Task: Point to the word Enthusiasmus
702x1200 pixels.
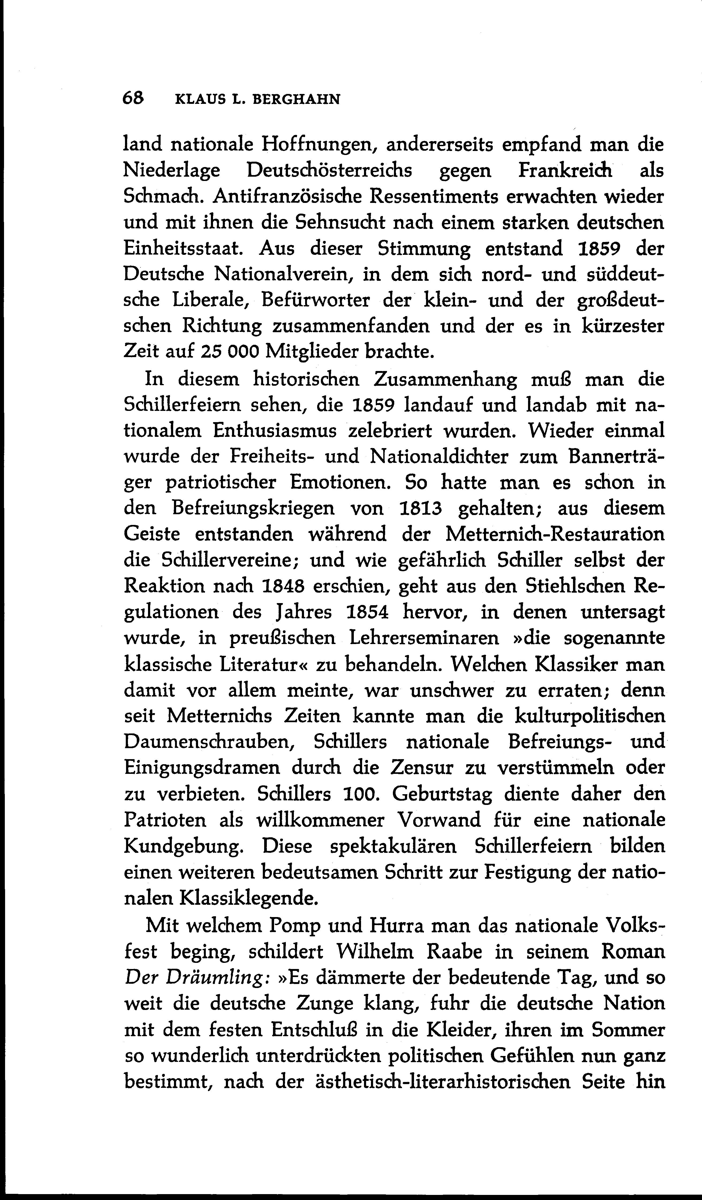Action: pyautogui.click(x=275, y=430)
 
